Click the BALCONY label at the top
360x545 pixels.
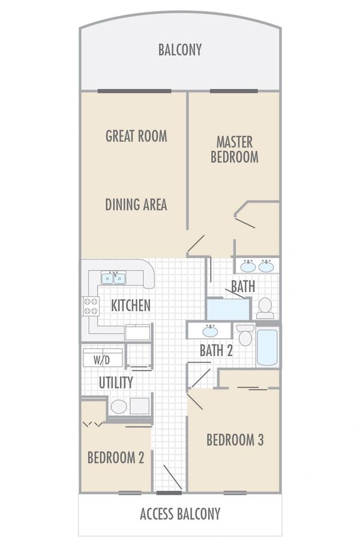(180, 50)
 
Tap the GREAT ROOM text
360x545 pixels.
(136, 136)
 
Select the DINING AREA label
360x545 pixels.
(136, 204)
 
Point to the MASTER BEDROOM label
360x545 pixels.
(238, 150)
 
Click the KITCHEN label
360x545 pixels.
(131, 305)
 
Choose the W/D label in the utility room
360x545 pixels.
(102, 361)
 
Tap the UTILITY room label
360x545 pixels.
(116, 382)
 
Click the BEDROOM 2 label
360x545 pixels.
(116, 458)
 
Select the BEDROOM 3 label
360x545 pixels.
(235, 439)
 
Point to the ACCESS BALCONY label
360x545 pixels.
(180, 514)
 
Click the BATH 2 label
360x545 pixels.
(216, 351)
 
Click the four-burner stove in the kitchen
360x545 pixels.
(91, 306)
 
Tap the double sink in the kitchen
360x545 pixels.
(113, 278)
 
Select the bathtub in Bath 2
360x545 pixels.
(268, 347)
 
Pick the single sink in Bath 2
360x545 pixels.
(210, 330)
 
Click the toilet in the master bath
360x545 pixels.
(265, 309)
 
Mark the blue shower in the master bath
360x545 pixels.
(227, 309)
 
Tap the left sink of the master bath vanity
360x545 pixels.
(247, 266)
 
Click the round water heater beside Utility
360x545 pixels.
(119, 407)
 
